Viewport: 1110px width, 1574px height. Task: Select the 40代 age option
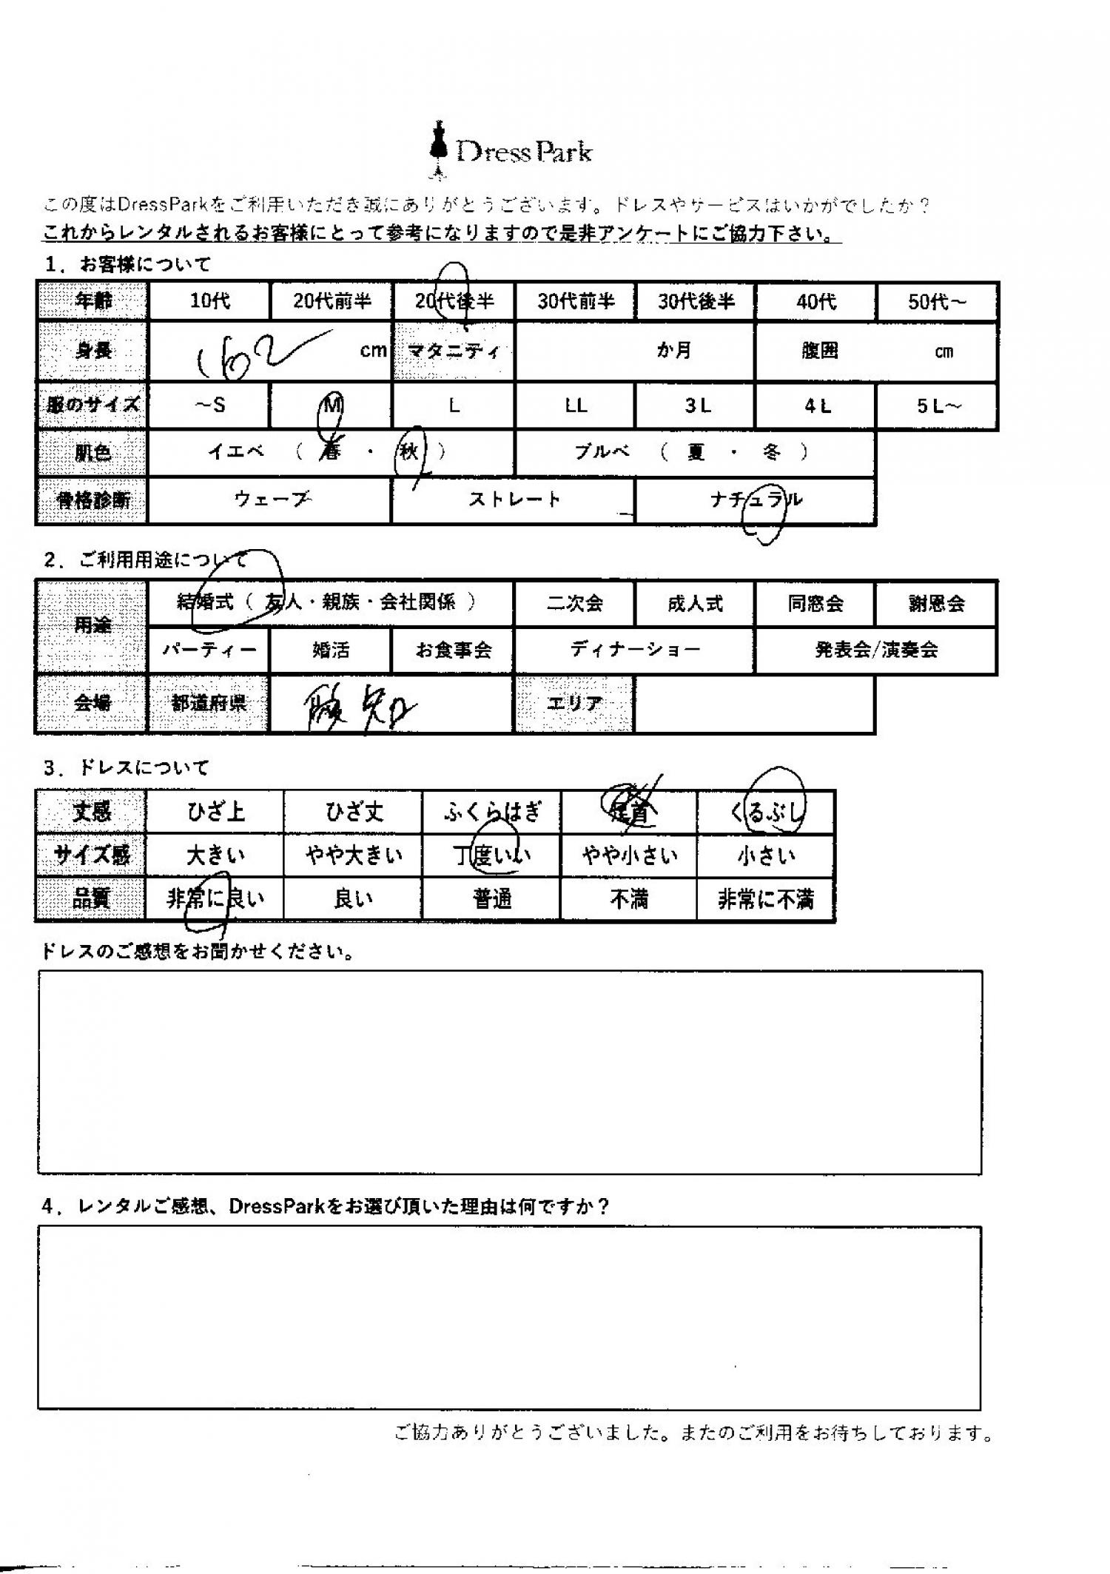[x=816, y=302]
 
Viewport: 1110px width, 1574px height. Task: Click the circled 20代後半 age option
[x=454, y=301]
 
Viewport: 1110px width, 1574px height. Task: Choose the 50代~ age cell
[x=937, y=302]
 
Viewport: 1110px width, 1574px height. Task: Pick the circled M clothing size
[x=331, y=406]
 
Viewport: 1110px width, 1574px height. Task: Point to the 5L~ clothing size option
[x=937, y=406]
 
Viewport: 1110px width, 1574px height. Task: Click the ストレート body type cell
[x=514, y=500]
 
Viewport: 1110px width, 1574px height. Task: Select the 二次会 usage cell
[x=574, y=604]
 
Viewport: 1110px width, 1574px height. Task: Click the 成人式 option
[x=695, y=604]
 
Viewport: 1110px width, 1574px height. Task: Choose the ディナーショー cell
[x=635, y=650]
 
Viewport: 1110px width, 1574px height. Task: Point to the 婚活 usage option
[x=331, y=650]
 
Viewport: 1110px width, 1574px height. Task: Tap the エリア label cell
[x=575, y=704]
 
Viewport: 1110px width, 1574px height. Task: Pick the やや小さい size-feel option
[x=629, y=856]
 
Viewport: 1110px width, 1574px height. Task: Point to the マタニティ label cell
[x=454, y=352]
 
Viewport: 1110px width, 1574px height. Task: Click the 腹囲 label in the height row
[x=819, y=352]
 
